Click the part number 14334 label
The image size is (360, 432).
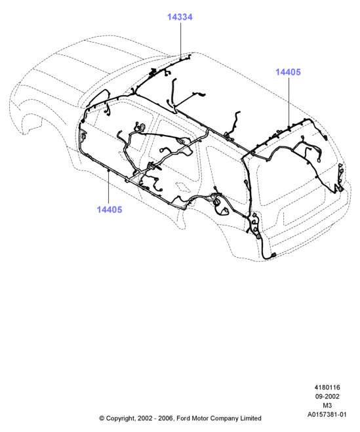tap(180, 17)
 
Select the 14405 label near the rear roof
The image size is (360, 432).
tap(288, 72)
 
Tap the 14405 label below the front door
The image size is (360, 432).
tap(109, 210)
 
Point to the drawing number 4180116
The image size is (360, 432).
tap(327, 387)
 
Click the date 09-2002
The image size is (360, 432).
tap(327, 397)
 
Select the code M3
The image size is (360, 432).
tap(327, 406)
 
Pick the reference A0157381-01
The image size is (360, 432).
tap(327, 415)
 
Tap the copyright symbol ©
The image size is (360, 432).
tap(102, 418)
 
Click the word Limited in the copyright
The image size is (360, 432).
tap(250, 418)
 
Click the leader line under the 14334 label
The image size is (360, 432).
tap(181, 41)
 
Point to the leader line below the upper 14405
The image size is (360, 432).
tap(289, 102)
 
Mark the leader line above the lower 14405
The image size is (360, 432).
tap(109, 187)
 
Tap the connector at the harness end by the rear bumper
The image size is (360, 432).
tap(273, 255)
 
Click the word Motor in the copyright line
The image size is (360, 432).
tap(201, 418)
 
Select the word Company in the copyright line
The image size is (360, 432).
tap(225, 418)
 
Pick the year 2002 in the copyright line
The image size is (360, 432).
tap(145, 418)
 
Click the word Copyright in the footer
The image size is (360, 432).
tap(121, 418)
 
